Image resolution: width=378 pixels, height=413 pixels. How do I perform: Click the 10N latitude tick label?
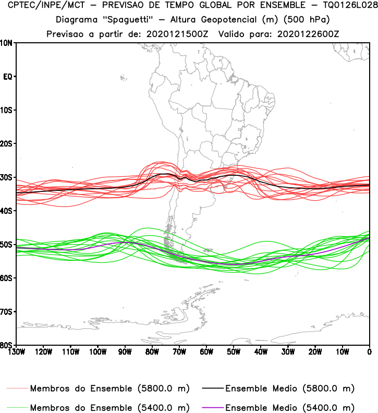pos(7,43)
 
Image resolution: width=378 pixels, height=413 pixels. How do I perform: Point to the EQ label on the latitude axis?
pos(8,77)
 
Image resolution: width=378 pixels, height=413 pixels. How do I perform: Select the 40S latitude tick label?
pos(7,211)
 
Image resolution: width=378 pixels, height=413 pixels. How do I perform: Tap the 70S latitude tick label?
pos(7,312)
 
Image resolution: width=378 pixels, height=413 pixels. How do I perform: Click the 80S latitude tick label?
pos(7,345)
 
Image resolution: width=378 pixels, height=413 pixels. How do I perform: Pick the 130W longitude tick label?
pos(16,351)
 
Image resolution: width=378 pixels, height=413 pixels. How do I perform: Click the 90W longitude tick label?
pos(125,351)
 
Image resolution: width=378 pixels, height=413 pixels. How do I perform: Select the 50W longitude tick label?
pos(234,351)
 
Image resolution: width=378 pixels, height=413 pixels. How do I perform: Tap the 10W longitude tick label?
pos(342,351)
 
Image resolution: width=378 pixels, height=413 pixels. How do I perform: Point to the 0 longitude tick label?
pos(369,351)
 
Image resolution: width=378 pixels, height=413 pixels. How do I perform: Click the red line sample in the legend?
pos(17,389)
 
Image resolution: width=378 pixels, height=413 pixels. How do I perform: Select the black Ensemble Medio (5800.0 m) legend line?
pos(211,389)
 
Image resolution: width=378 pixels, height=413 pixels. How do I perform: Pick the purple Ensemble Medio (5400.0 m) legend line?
pos(211,407)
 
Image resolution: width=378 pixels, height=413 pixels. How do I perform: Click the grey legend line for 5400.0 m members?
pos(17,407)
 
